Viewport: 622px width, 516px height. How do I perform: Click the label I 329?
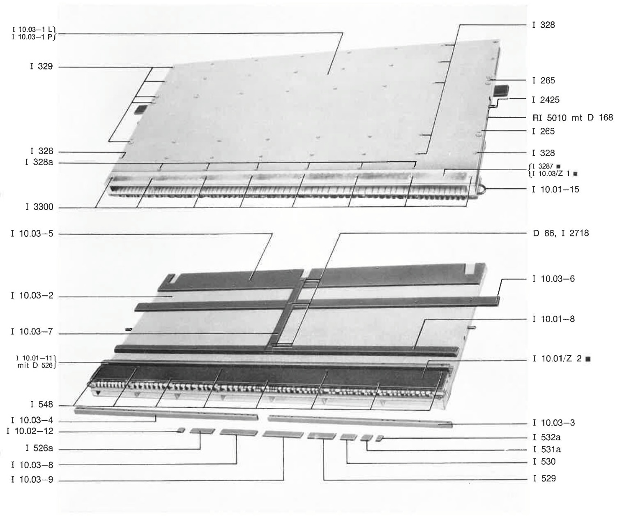pos(41,66)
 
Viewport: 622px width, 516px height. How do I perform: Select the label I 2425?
pos(546,99)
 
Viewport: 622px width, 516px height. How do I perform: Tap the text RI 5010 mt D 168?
pos(573,118)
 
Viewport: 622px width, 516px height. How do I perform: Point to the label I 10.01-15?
pos(555,189)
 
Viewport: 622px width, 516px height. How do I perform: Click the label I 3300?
pos(39,206)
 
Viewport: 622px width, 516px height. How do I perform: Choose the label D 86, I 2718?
pos(561,233)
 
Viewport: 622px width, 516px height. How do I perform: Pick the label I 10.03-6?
pos(553,279)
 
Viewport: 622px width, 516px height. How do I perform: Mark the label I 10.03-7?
pos(32,331)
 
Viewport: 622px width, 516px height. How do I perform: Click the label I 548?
pos(42,404)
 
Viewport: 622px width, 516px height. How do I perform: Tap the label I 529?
pos(544,479)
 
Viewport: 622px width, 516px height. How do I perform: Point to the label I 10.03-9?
pos(32,479)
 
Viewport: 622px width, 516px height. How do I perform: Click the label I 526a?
pos(39,448)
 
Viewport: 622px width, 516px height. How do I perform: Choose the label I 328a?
pos(39,162)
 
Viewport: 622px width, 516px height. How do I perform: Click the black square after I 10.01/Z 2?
pos(588,359)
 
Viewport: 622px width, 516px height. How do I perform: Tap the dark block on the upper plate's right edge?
pos(501,90)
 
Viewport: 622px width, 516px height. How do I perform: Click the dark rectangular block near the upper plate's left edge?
pos(139,109)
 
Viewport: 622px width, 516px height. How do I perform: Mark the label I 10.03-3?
pos(554,423)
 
